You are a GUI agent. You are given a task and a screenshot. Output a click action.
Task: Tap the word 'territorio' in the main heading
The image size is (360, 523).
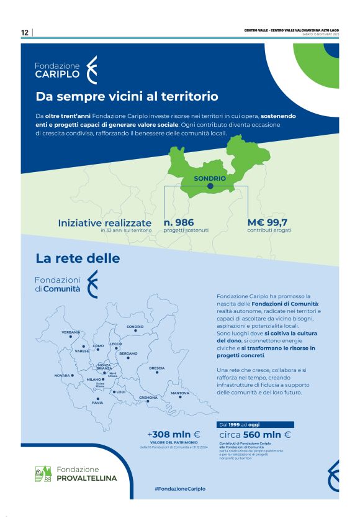point(189,97)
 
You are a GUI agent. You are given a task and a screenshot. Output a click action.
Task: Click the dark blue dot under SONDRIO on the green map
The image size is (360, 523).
point(210,186)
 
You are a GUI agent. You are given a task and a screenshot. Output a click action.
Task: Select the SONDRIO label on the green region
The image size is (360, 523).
point(210,178)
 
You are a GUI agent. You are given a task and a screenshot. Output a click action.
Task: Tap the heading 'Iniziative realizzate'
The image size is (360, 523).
point(104,222)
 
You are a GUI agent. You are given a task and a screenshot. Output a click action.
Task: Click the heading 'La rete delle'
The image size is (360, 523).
point(78,257)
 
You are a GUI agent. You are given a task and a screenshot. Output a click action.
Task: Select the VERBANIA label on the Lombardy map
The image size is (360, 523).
point(71,332)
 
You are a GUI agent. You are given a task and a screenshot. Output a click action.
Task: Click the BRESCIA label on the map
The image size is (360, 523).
point(157,368)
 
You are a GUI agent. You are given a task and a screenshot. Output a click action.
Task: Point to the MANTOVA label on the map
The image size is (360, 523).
point(180,393)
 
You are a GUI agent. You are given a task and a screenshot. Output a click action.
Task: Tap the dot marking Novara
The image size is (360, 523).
point(73,375)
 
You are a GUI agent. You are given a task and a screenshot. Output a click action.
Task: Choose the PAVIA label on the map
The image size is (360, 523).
point(97,402)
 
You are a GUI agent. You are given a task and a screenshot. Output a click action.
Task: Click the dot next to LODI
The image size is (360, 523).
point(113,392)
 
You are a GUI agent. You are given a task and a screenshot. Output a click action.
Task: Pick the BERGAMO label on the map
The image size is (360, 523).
point(128,353)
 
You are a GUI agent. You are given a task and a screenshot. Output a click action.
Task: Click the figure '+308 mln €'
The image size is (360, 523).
point(173,434)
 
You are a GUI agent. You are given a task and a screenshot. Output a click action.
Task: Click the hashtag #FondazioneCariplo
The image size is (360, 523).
point(180,488)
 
